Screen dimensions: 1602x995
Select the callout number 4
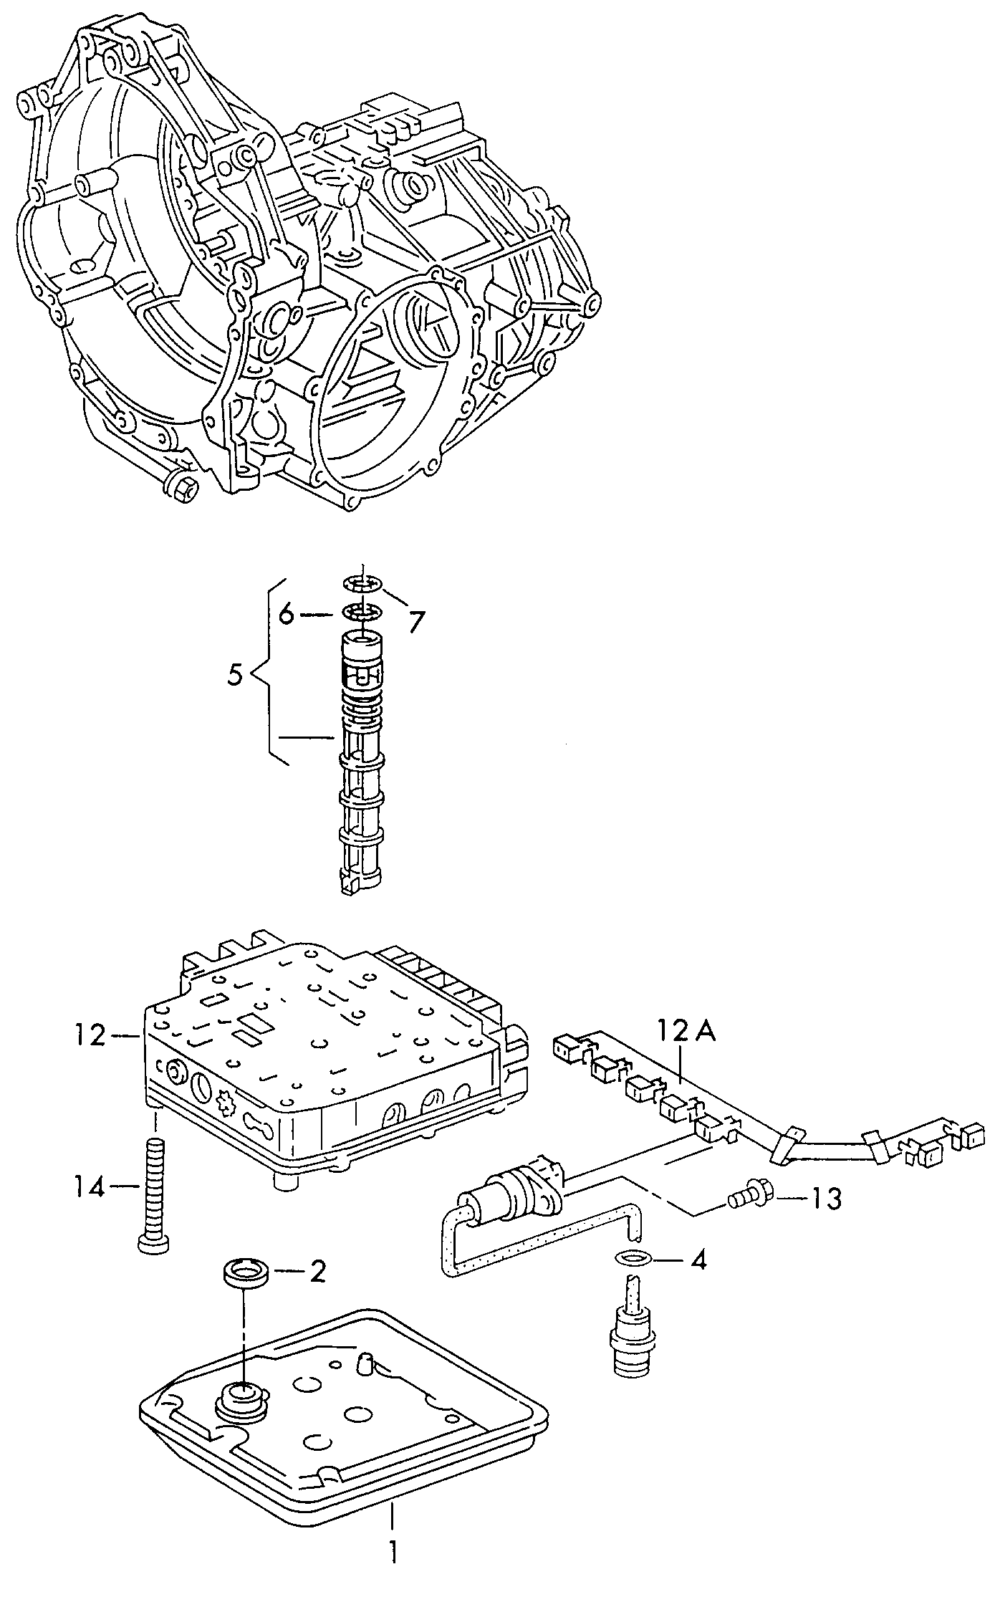click(697, 1260)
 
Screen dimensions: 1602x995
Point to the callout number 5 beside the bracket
click(236, 675)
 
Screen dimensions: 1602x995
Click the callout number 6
click(287, 615)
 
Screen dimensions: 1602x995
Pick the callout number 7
click(416, 620)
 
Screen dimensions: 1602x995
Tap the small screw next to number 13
click(746, 1195)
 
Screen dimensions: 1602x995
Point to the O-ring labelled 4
click(632, 1257)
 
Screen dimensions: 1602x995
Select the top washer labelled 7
click(362, 583)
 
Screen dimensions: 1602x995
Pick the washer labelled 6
click(362, 613)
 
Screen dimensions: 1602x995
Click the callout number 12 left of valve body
click(92, 1035)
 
